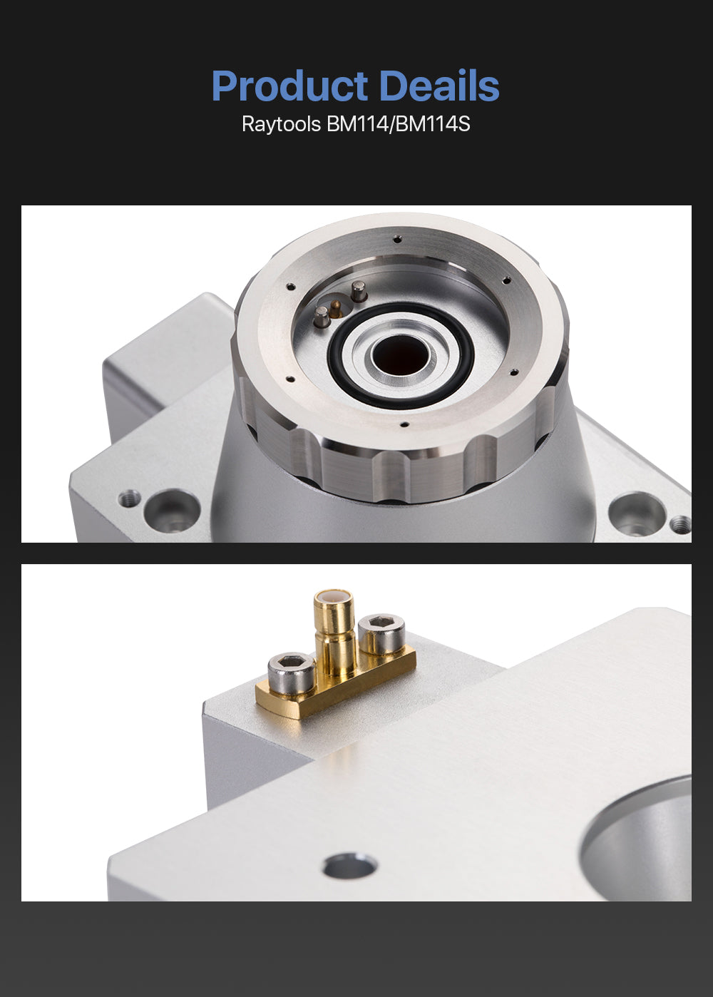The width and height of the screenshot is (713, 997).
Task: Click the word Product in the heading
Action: (x=289, y=85)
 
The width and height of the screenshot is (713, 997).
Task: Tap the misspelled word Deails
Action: (x=440, y=85)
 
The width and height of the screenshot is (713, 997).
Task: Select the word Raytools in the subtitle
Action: (x=282, y=124)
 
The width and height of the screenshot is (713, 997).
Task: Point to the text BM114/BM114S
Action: (x=399, y=124)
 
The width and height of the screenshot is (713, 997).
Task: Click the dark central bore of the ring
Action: (x=400, y=354)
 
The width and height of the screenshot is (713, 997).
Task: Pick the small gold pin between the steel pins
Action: (x=336, y=308)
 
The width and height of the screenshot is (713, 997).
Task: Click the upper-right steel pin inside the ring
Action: (x=359, y=291)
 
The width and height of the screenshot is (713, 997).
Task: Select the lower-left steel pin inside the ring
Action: (x=322, y=317)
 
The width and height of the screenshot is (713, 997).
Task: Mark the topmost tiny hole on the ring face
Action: (x=397, y=240)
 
